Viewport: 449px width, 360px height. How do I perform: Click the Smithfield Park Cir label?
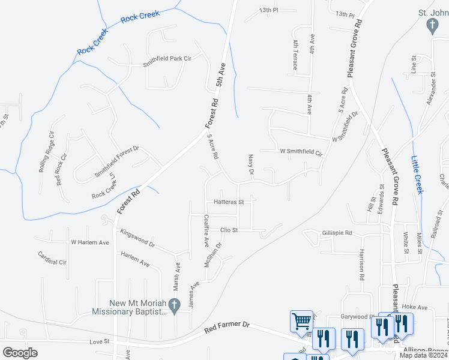[167, 59]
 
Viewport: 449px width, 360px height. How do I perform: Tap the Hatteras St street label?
[224, 202]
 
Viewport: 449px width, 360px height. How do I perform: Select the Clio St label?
[229, 230]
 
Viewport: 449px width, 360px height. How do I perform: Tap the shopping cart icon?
[301, 320]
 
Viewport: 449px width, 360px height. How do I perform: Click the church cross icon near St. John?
[431, 25]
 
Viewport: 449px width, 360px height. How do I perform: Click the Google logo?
[20, 353]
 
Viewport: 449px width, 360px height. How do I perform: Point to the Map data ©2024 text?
[424, 355]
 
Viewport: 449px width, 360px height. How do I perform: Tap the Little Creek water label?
[417, 175]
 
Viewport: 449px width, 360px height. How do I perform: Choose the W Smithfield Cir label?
[301, 152]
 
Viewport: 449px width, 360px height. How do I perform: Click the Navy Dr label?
[252, 164]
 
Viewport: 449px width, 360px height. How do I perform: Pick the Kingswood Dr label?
[137, 238]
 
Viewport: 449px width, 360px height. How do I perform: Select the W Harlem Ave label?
[90, 242]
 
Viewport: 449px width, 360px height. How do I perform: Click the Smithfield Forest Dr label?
[117, 161]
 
